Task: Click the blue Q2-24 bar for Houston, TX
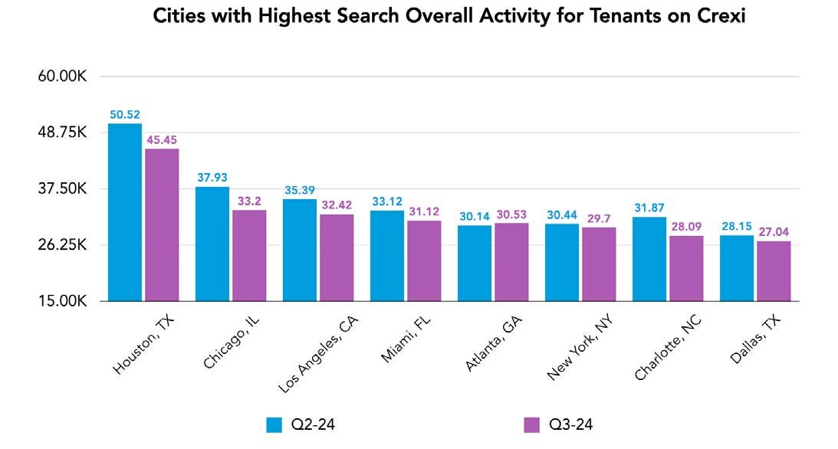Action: tap(124, 212)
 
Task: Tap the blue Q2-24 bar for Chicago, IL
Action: tap(212, 244)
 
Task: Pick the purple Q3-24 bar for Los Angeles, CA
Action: tap(337, 257)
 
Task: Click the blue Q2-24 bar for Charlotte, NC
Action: tap(649, 259)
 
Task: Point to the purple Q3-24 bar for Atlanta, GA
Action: tap(511, 262)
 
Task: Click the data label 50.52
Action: tap(124, 114)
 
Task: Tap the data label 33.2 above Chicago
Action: tap(249, 201)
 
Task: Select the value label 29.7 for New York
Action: tap(598, 218)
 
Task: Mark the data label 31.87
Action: tap(649, 208)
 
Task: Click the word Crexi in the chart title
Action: tap(719, 17)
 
